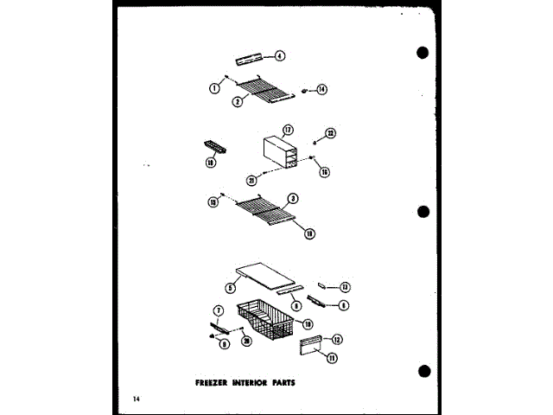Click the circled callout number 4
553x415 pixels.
(280, 56)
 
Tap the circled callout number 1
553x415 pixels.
(213, 86)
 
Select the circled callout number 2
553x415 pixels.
(236, 102)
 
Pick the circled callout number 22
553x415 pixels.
(329, 133)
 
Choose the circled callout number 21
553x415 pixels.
(251, 180)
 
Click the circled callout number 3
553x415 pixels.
(295, 199)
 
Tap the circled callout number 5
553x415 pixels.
(231, 288)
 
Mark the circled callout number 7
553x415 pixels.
(219, 310)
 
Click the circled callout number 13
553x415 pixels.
(345, 287)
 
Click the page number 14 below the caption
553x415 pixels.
(137, 399)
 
